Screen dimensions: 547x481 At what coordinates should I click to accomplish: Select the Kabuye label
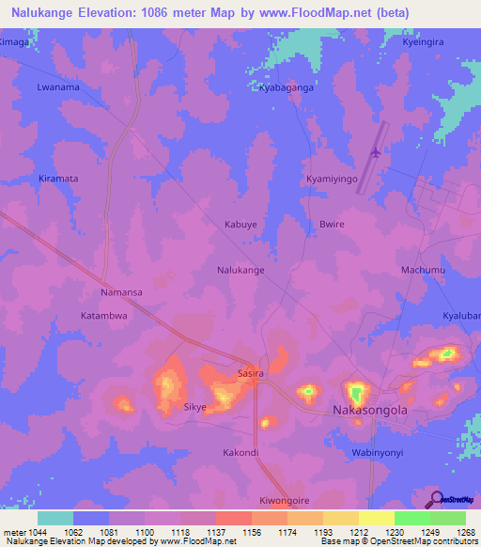point(240,225)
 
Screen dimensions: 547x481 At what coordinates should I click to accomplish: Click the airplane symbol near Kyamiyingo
point(377,151)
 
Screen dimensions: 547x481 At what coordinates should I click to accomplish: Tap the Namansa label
point(121,293)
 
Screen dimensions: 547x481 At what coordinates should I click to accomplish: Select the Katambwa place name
point(103,317)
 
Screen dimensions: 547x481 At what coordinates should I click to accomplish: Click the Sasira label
point(251,373)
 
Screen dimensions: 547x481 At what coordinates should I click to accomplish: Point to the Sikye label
point(194,408)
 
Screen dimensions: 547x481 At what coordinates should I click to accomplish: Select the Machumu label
point(423,270)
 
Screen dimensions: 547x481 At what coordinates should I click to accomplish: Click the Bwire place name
point(333,225)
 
